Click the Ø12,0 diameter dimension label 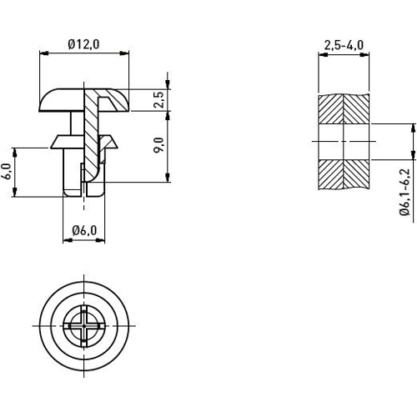pos(83,44)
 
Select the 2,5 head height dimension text pos(158,101)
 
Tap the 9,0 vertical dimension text pos(158,147)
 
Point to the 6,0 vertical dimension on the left pos(8,172)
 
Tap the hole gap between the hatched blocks pos(344,143)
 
